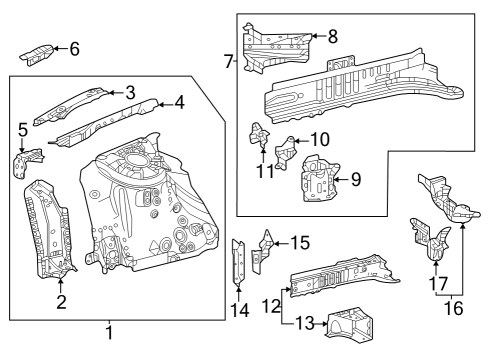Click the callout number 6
click(73, 48)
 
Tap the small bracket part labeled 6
click(40, 53)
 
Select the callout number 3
click(130, 92)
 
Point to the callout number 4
click(179, 101)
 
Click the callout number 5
click(23, 129)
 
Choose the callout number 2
click(60, 302)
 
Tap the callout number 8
click(333, 37)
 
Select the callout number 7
click(229, 62)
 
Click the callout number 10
click(319, 139)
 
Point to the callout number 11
click(265, 170)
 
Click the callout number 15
click(299, 242)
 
